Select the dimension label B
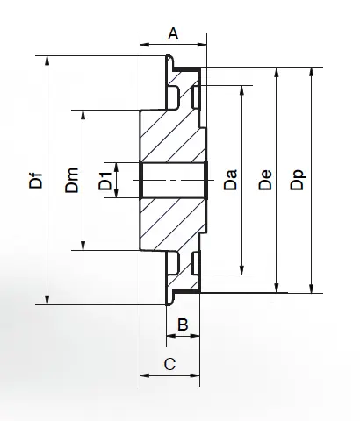(x=183, y=325)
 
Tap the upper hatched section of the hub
(x=171, y=132)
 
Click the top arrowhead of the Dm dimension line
(x=83, y=115)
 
